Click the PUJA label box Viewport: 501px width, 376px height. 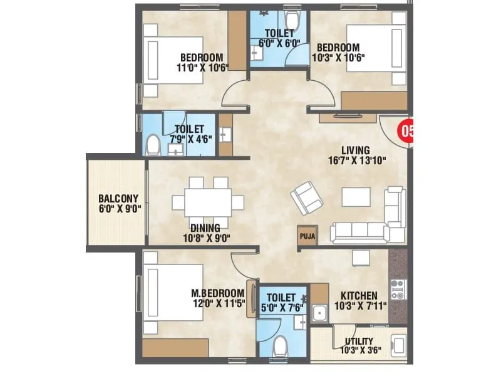[307, 236]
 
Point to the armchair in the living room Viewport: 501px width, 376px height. [304, 197]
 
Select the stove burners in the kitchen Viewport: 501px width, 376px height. [398, 289]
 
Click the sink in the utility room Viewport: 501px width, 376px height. [398, 345]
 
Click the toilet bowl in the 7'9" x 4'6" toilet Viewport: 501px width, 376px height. [152, 146]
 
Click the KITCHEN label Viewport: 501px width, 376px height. [358, 295]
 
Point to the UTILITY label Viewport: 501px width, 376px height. [359, 342]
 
